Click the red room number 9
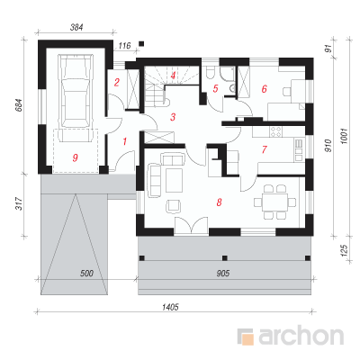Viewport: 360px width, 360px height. click(x=75, y=157)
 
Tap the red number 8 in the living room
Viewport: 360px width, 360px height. click(x=219, y=202)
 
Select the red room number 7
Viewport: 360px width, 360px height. click(x=264, y=149)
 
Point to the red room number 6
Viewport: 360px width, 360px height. click(x=264, y=89)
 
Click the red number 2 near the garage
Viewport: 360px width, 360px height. click(x=117, y=82)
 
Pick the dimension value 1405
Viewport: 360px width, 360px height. click(x=170, y=307)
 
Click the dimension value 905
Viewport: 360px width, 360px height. click(x=223, y=273)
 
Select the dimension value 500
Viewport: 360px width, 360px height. click(x=87, y=274)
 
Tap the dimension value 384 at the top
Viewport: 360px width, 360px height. click(x=76, y=28)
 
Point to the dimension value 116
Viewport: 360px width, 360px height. click(x=124, y=46)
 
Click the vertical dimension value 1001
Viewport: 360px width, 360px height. click(x=344, y=137)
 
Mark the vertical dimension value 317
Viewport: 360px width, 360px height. click(x=19, y=203)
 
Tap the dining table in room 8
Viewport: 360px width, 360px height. click(x=274, y=202)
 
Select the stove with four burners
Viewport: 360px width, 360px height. click(x=276, y=131)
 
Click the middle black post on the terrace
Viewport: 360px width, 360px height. click(x=225, y=257)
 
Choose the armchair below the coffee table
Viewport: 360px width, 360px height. click(x=174, y=206)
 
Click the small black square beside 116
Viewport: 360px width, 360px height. click(x=141, y=44)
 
